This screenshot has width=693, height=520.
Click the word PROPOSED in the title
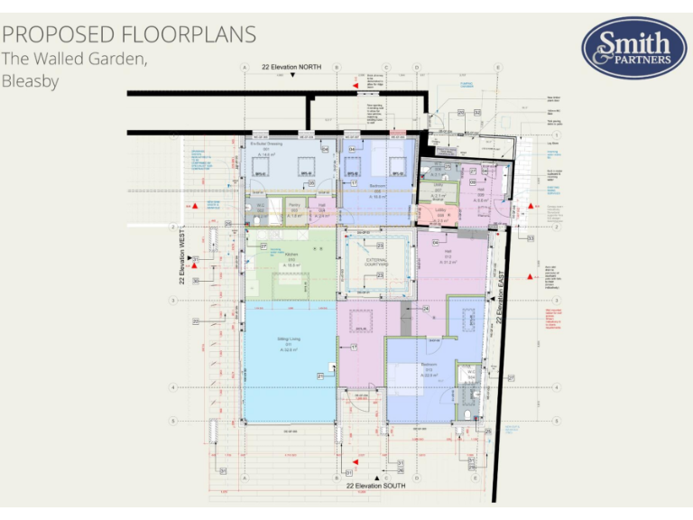pyautogui.click(x=53, y=34)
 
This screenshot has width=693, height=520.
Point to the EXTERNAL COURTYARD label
pyautogui.click(x=375, y=261)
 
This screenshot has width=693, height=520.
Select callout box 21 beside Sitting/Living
pyautogui.click(x=319, y=376)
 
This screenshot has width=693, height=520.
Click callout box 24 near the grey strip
pyautogui.click(x=425, y=309)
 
